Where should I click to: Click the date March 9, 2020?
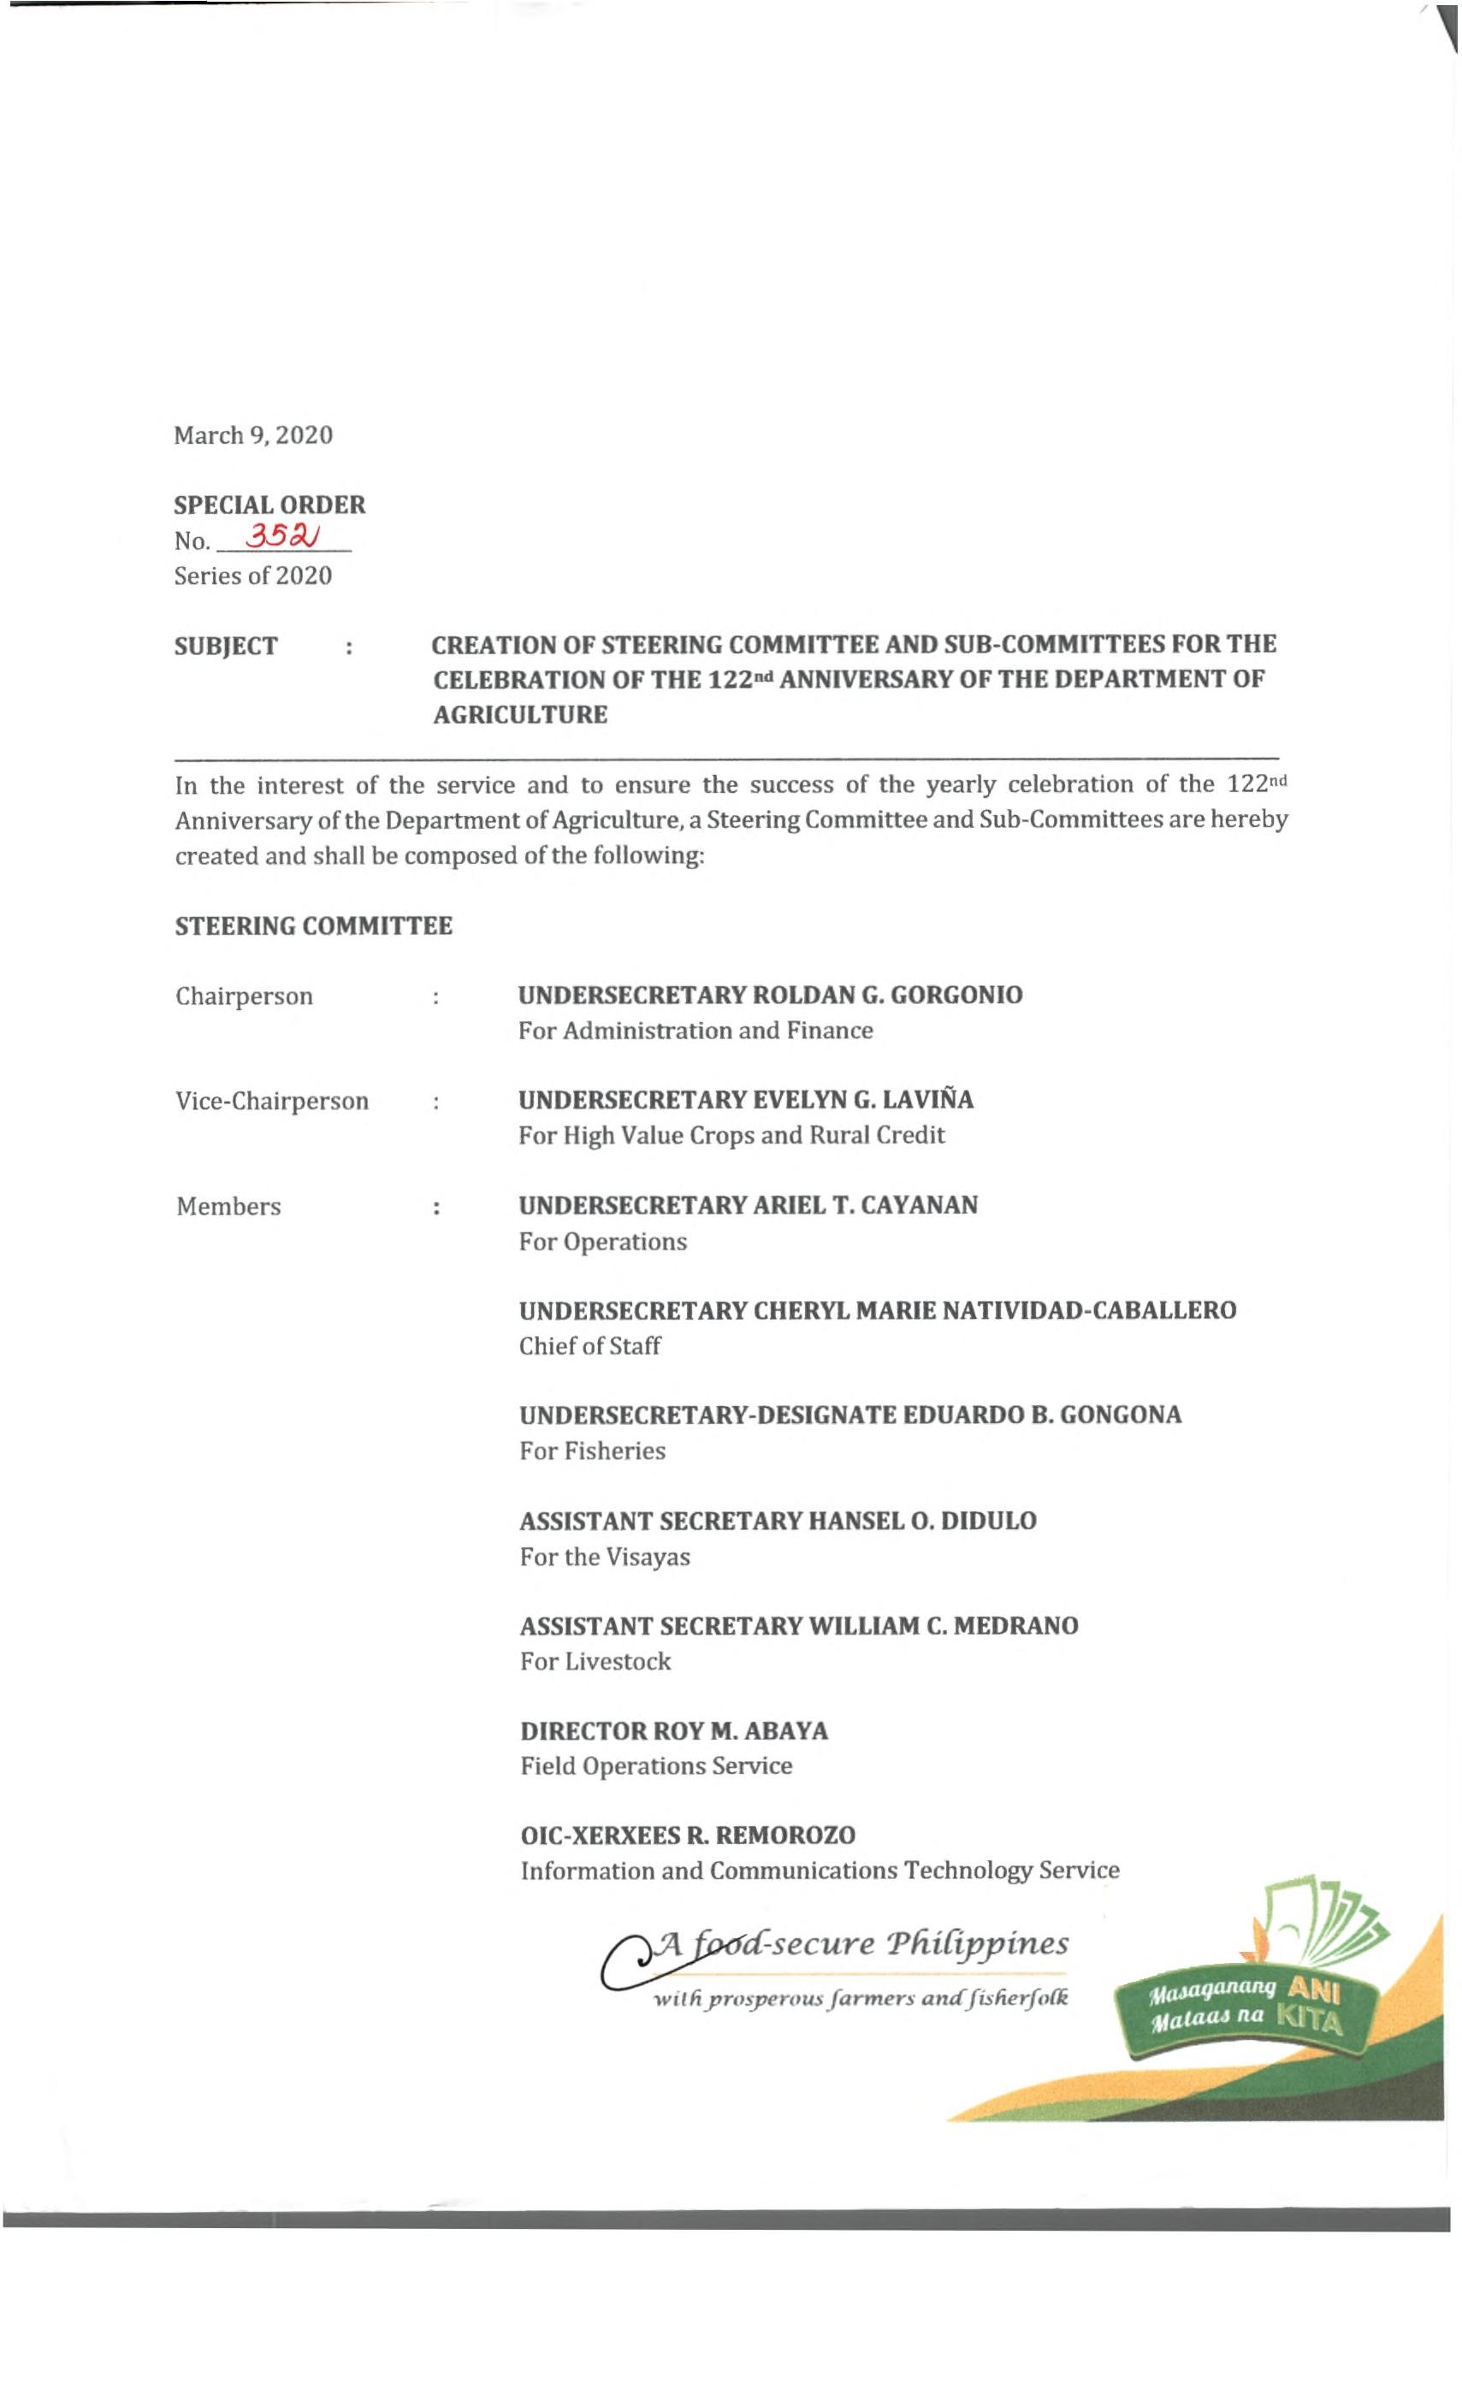coord(253,435)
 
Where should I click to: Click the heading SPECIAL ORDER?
coord(269,505)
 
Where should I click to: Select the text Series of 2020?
coord(253,576)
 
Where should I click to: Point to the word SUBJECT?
coord(226,646)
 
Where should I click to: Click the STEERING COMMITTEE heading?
coord(314,925)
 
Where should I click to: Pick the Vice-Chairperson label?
coord(272,1101)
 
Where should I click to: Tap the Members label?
coord(228,1206)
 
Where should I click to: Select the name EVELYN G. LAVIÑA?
coord(863,1100)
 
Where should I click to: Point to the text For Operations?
coord(603,1242)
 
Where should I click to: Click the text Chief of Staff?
coord(590,1346)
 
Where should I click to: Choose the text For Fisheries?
coord(592,1451)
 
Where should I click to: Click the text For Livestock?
coord(595,1662)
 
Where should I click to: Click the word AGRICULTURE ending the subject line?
coord(520,715)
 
